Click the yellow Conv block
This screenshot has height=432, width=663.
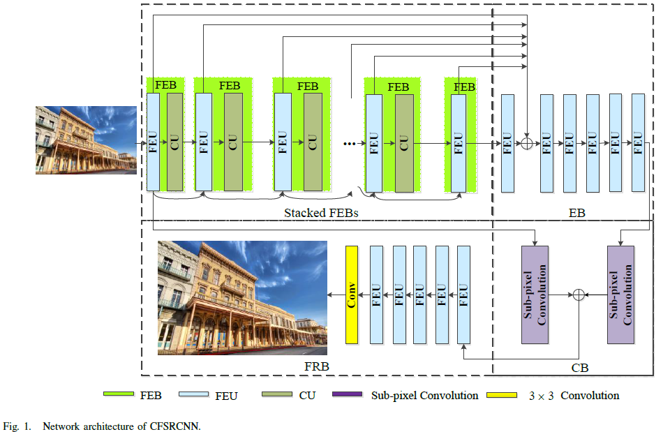click(x=351, y=295)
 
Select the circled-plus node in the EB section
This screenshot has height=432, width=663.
click(x=526, y=143)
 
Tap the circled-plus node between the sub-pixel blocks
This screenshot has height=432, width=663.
click(x=579, y=295)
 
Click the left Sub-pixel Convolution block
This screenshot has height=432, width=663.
click(x=535, y=295)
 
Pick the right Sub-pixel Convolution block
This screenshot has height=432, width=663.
click(x=620, y=295)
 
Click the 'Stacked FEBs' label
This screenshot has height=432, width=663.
click(x=321, y=213)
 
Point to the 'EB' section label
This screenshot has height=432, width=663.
click(x=576, y=213)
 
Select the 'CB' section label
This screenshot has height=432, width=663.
click(x=580, y=368)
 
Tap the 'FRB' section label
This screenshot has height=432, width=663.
click(x=317, y=366)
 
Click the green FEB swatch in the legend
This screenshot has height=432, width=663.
click(x=119, y=394)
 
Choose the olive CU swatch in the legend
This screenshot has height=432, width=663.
click(x=277, y=394)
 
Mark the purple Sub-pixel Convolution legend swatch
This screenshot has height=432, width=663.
click(x=347, y=394)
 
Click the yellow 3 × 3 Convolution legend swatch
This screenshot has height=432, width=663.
click(x=502, y=395)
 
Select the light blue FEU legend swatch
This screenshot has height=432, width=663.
click(x=193, y=394)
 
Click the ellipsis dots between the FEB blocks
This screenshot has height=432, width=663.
click(x=349, y=144)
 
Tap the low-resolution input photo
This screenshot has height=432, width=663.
click(x=86, y=140)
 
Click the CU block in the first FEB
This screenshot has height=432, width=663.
click(x=174, y=142)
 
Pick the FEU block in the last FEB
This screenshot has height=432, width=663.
click(x=459, y=143)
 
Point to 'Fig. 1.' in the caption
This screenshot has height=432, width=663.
click(x=17, y=426)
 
